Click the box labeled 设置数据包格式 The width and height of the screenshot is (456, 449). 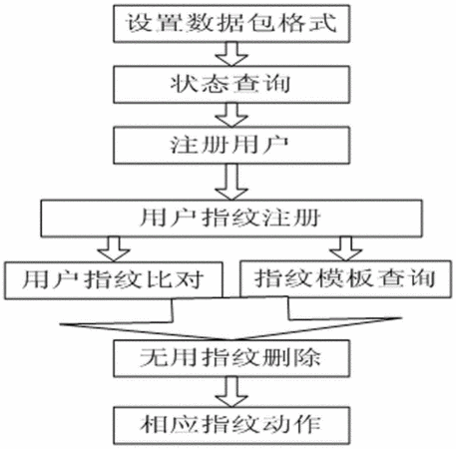pos(231,23)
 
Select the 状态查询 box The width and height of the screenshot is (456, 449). pos(231,84)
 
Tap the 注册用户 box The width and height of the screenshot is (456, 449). pos(231,146)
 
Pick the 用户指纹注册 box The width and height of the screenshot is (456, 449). pos(231,219)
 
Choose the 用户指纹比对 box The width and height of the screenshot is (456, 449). pos(113,280)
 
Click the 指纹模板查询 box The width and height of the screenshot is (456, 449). pos(345,278)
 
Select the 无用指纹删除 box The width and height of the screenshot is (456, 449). pos(231,358)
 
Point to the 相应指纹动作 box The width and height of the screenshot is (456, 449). pos(231,426)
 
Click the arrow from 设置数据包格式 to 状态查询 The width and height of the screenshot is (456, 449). pos(231,54)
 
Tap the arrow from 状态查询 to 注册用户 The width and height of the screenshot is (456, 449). pos(231,115)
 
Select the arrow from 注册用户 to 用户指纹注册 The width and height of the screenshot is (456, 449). pos(231,182)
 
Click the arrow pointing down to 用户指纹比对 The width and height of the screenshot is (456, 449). pos(114,249)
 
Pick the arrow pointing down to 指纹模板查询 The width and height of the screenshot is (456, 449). pos(346,248)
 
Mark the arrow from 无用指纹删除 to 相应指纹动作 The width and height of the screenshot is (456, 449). pos(231,392)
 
